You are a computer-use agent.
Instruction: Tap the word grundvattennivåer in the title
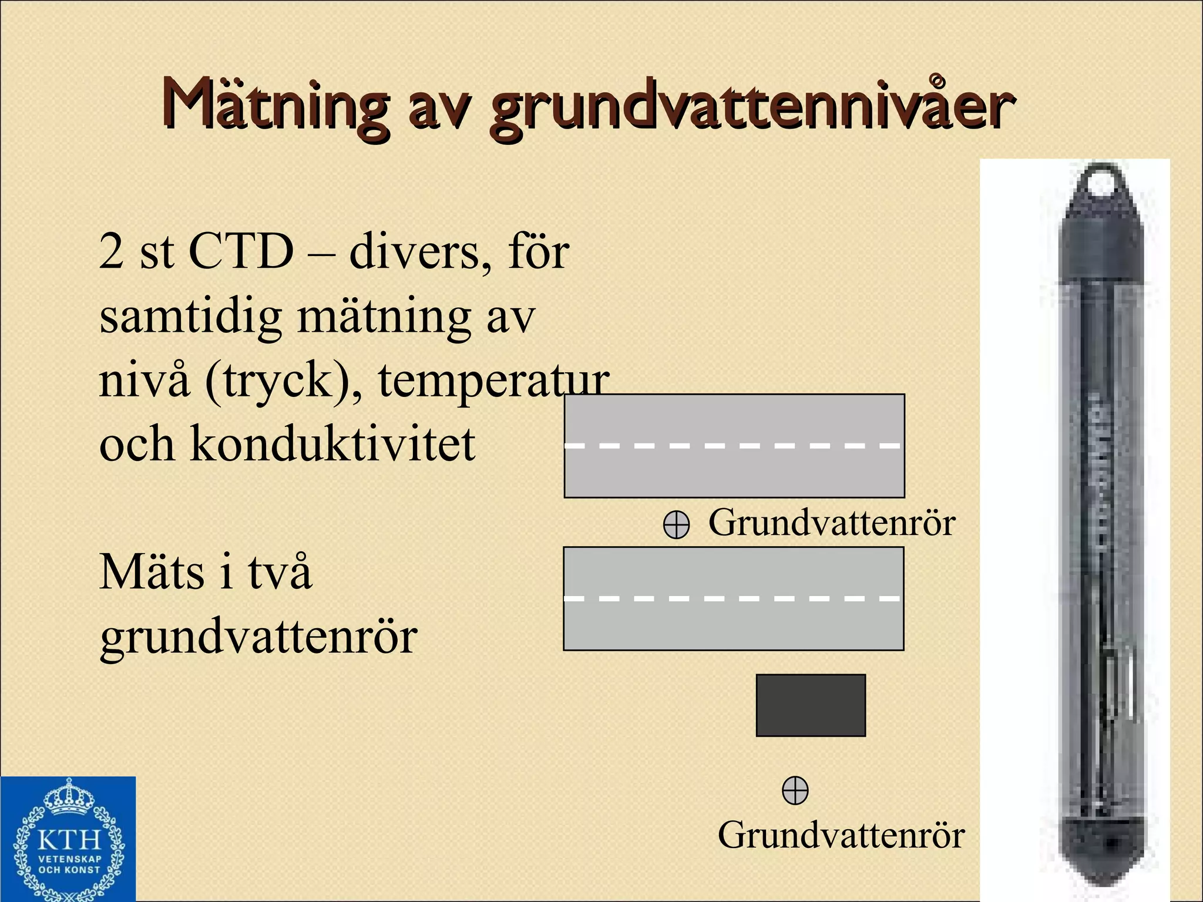(x=751, y=109)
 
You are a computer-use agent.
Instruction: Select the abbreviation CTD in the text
(x=241, y=251)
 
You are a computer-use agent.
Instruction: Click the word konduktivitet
(x=332, y=444)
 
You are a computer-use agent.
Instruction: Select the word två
(x=280, y=571)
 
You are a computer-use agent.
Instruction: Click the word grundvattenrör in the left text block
(x=258, y=637)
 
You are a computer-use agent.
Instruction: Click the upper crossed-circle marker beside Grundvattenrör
(x=676, y=524)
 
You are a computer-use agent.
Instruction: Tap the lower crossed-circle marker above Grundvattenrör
(x=795, y=790)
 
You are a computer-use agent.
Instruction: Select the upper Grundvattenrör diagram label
(x=831, y=522)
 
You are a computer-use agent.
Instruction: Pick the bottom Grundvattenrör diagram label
(x=841, y=834)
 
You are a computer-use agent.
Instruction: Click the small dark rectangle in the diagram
(x=811, y=705)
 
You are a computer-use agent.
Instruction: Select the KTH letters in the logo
(x=69, y=840)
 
